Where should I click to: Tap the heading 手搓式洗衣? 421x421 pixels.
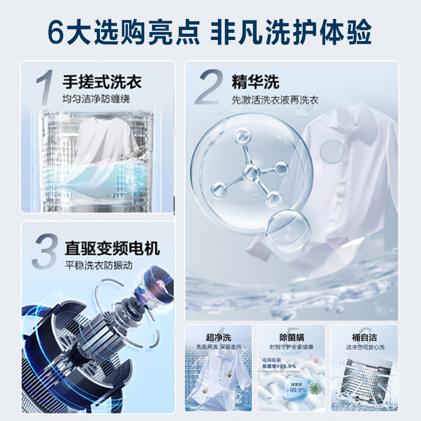tap(102, 83)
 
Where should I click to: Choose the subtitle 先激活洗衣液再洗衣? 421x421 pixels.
tap(275, 99)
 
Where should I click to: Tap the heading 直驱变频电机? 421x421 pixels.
tap(112, 247)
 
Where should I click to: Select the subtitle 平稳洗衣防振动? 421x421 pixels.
tap(97, 265)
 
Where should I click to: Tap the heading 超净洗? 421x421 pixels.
tap(218, 337)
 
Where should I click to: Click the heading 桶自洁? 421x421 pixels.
tap(365, 337)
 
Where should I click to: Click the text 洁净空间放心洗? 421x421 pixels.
tap(365, 348)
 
